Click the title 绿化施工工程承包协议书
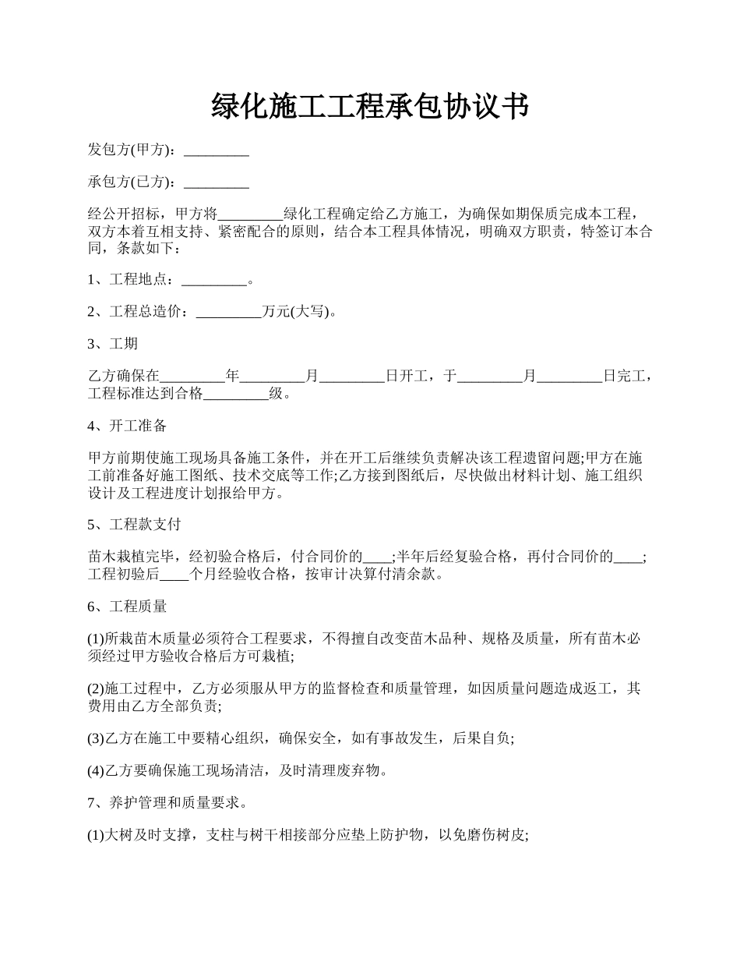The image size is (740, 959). pyautogui.click(x=370, y=107)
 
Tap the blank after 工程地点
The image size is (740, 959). pyautogui.click(x=213, y=280)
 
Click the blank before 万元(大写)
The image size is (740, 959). pyautogui.click(x=229, y=312)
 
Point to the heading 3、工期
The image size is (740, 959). pyautogui.click(x=113, y=344)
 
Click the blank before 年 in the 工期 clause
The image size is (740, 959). pyautogui.click(x=192, y=377)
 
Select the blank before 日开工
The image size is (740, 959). pyautogui.click(x=352, y=377)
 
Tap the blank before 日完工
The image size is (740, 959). pyautogui.click(x=570, y=377)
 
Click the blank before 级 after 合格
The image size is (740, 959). pyautogui.click(x=236, y=394)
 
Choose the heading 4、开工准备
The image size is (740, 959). pyautogui.click(x=127, y=426)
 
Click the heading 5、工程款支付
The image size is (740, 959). pyautogui.click(x=134, y=524)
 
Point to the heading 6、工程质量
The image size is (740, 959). pyautogui.click(x=127, y=606)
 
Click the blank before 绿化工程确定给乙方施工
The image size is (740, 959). pyautogui.click(x=251, y=214)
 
